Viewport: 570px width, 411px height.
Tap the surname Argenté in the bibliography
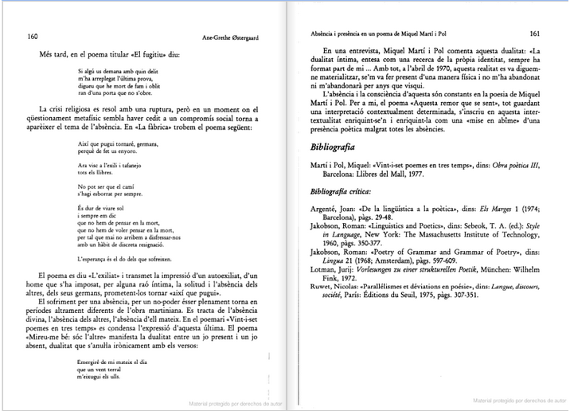click(325, 209)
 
